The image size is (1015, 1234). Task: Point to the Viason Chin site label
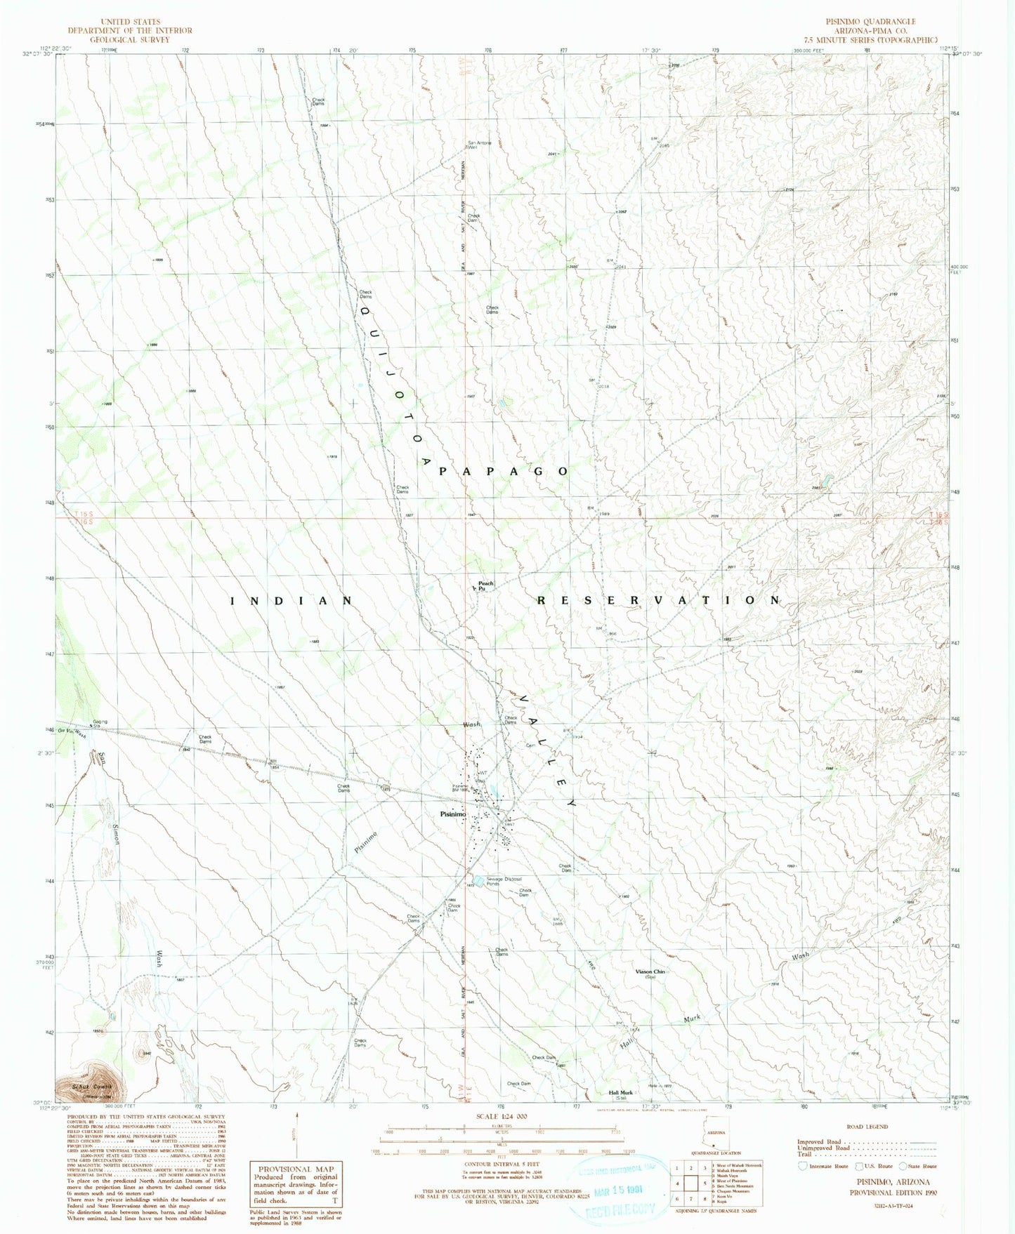pos(650,972)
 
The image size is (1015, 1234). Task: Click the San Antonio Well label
pos(480,145)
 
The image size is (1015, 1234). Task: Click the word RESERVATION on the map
pos(659,600)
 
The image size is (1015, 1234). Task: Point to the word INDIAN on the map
pos(292,601)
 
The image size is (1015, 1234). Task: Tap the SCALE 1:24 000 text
pos(501,1116)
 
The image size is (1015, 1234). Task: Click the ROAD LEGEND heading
pos(867,1127)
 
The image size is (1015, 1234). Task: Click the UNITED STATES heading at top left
pos(130,22)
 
